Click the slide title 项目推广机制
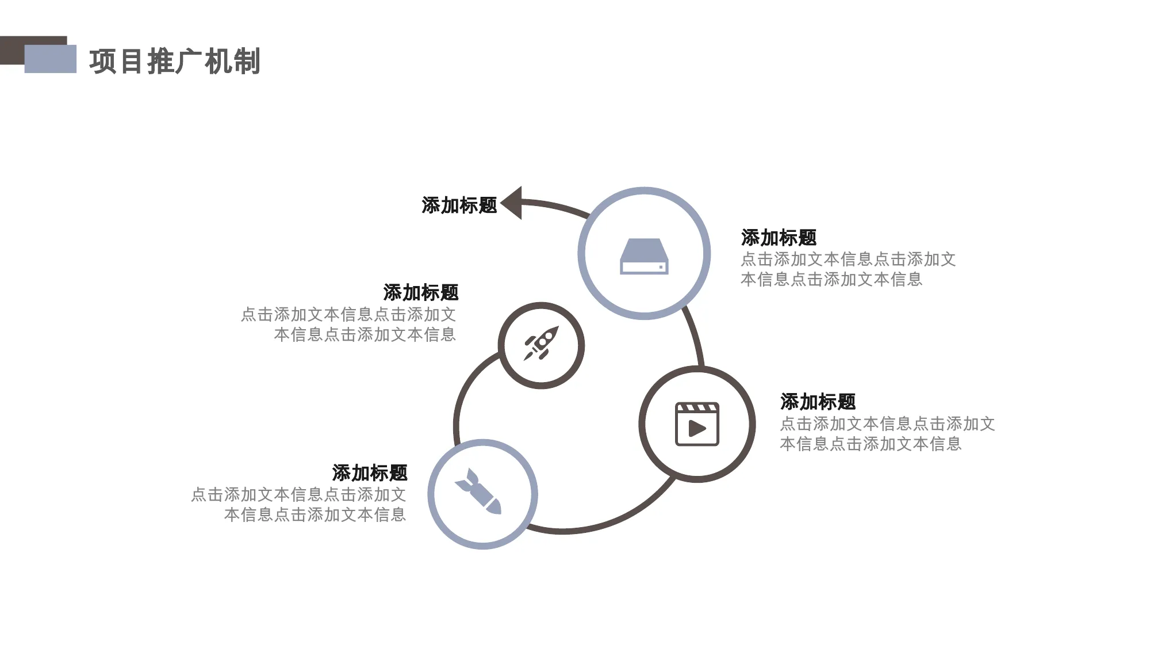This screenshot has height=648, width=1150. point(175,62)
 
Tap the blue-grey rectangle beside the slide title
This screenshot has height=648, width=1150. point(51,59)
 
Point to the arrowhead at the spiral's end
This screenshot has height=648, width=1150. point(511,203)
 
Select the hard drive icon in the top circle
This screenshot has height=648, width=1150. point(644,256)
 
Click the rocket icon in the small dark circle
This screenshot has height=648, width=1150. point(541,344)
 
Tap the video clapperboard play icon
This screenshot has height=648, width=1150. point(697,424)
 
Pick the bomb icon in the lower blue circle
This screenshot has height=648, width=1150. point(478,491)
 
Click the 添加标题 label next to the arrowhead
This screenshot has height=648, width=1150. point(459,205)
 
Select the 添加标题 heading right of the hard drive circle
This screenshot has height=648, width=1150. point(779,238)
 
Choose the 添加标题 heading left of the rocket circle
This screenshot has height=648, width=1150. point(421,292)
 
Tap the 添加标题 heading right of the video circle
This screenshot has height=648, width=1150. point(818,402)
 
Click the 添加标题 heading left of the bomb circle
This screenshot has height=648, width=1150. point(370,473)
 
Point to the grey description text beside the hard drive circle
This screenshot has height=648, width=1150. point(848,269)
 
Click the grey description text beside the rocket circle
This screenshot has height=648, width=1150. point(348,325)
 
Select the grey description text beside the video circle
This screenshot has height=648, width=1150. point(887,434)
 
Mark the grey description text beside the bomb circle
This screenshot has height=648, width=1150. point(298,505)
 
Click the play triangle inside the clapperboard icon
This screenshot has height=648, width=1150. point(697,428)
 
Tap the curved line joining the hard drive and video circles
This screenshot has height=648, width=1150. point(695,337)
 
